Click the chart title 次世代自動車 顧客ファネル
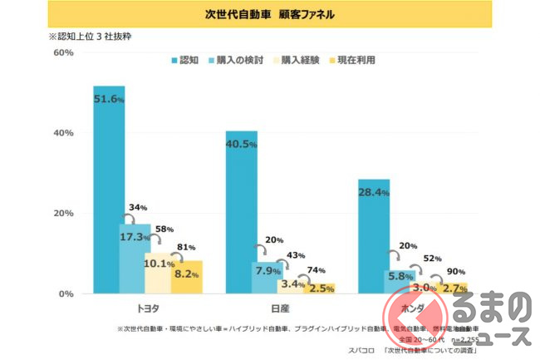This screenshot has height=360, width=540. [x=270, y=15]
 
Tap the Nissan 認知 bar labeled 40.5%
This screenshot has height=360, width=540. [x=241, y=212]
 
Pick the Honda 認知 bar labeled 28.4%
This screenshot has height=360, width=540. [x=373, y=236]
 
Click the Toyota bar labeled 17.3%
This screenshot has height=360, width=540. [x=135, y=259]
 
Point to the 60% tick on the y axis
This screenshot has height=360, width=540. [x=40, y=52]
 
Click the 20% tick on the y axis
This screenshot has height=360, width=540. [x=40, y=214]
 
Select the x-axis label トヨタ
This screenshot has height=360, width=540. [x=148, y=307]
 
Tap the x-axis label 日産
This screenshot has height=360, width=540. [x=280, y=307]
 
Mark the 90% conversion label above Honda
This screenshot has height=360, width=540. [x=456, y=271]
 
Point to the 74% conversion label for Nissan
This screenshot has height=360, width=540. [x=316, y=270]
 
